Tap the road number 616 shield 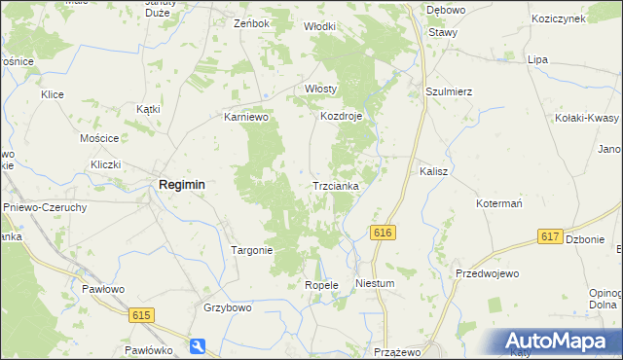click(383, 233)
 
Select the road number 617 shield click(550, 237)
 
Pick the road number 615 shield click(142, 314)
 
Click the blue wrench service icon click(199, 345)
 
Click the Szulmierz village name click(449, 91)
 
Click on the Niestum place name click(375, 284)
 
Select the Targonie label click(251, 250)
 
